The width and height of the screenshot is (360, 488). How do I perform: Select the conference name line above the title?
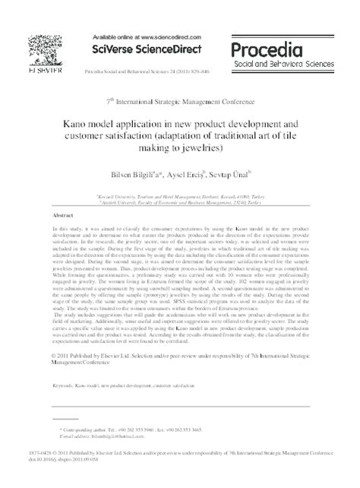pyautogui.click(x=179, y=99)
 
